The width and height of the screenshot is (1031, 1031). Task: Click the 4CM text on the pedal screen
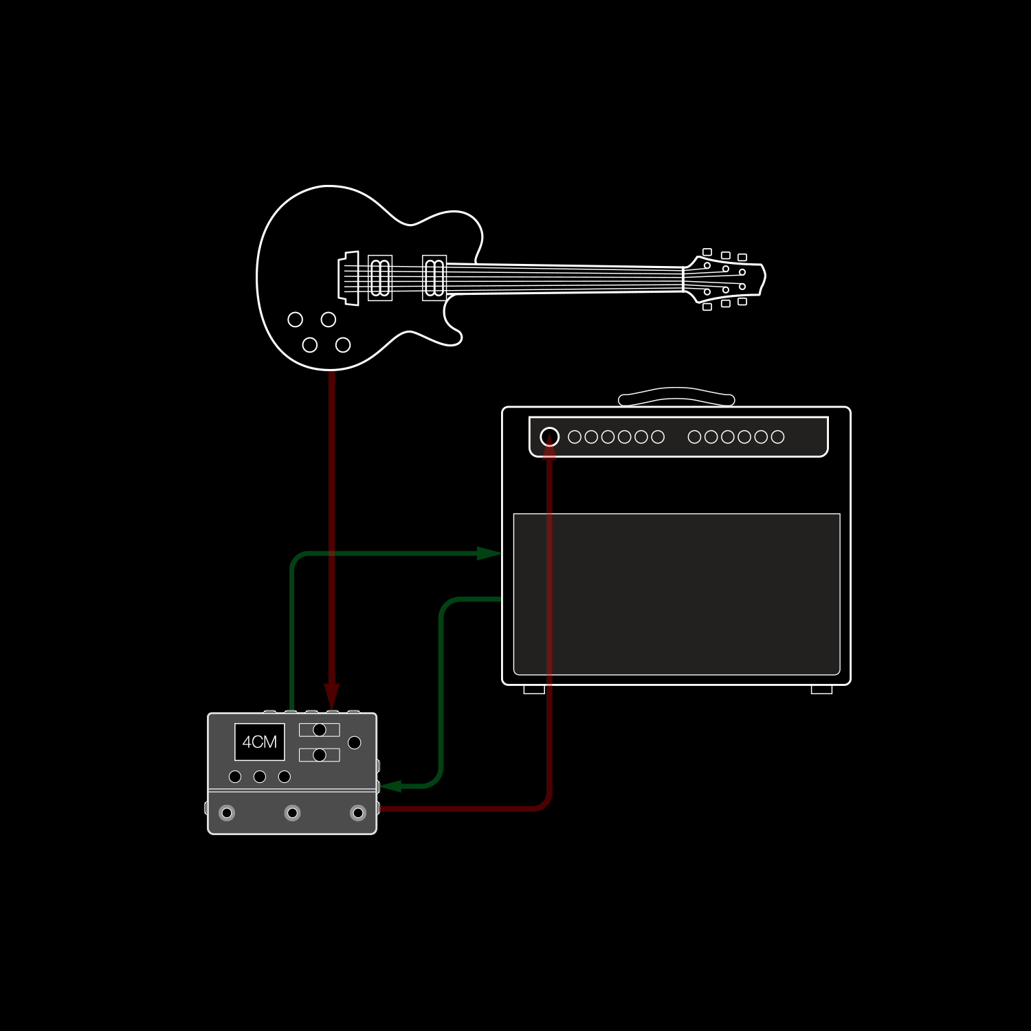[x=260, y=742]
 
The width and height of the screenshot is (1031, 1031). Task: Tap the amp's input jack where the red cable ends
[x=550, y=436]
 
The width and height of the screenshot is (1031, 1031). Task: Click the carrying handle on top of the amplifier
[x=676, y=397]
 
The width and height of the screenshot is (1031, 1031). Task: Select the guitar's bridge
[x=348, y=278]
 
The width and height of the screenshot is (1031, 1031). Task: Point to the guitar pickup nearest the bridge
[x=380, y=278]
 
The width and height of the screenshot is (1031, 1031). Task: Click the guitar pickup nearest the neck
[x=434, y=278]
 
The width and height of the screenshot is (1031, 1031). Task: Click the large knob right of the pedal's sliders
[x=355, y=742]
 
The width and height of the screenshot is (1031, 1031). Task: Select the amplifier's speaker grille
[x=677, y=594]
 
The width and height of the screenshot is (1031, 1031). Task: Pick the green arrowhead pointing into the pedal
[x=391, y=786]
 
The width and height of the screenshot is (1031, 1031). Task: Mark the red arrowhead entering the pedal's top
[x=332, y=696]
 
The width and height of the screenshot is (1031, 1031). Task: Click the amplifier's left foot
[x=534, y=689]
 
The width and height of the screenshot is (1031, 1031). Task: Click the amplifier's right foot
[x=821, y=689]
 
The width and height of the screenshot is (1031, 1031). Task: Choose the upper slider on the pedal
[x=320, y=730]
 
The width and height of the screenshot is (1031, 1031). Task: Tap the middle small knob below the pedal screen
[x=260, y=777]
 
